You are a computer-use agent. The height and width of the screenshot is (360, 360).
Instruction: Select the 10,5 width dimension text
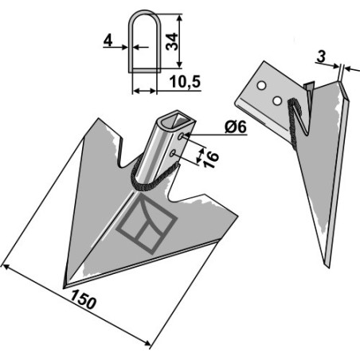[x=185, y=82]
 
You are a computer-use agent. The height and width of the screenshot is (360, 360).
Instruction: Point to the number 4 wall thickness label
[x=108, y=41]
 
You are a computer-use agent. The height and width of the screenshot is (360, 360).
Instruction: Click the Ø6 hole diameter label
[x=236, y=127]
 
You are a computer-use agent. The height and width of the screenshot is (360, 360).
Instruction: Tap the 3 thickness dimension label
[x=321, y=57]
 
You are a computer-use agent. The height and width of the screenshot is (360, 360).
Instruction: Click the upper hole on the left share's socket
[x=181, y=136]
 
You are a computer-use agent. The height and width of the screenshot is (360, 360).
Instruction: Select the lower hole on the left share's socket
[x=173, y=153]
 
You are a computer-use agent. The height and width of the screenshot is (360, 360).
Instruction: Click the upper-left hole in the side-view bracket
[x=261, y=86]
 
